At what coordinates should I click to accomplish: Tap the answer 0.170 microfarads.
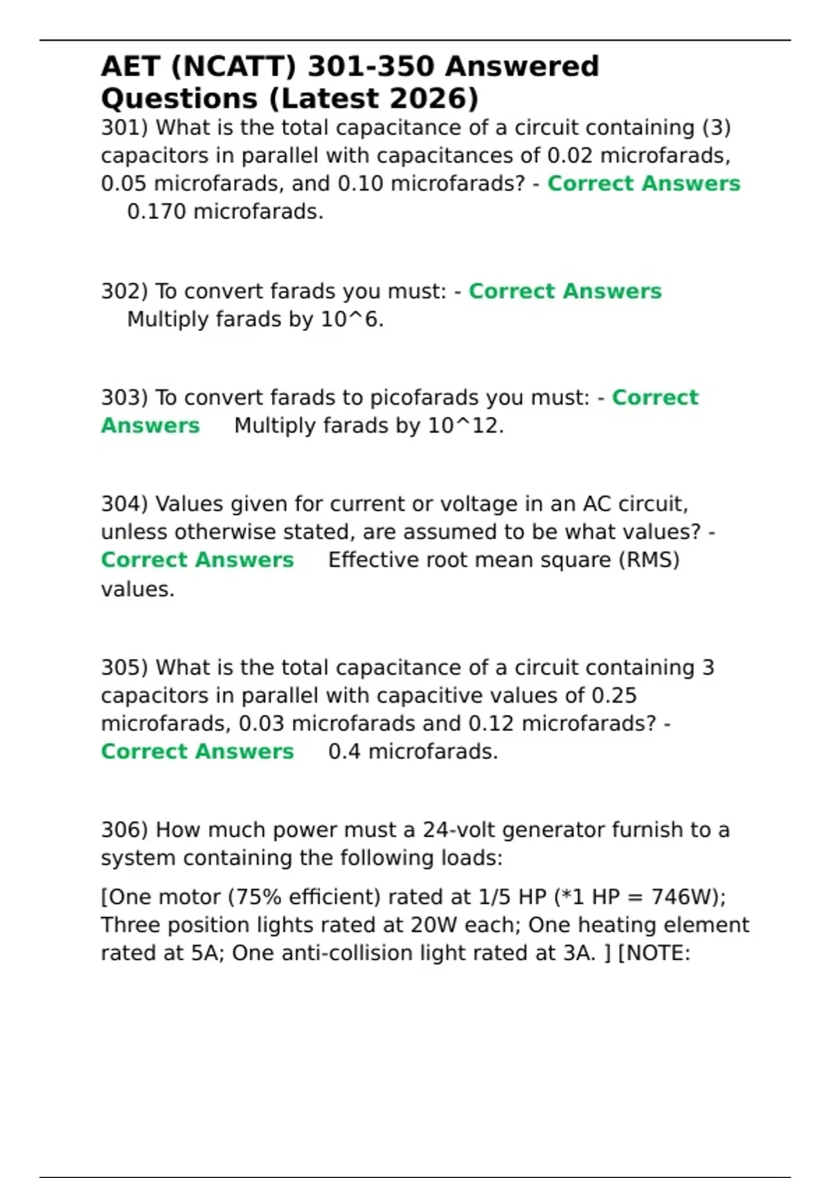coord(225,212)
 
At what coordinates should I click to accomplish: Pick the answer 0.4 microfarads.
coord(413,752)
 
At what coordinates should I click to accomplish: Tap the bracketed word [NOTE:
coord(654,953)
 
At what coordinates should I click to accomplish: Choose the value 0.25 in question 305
coord(614,696)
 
